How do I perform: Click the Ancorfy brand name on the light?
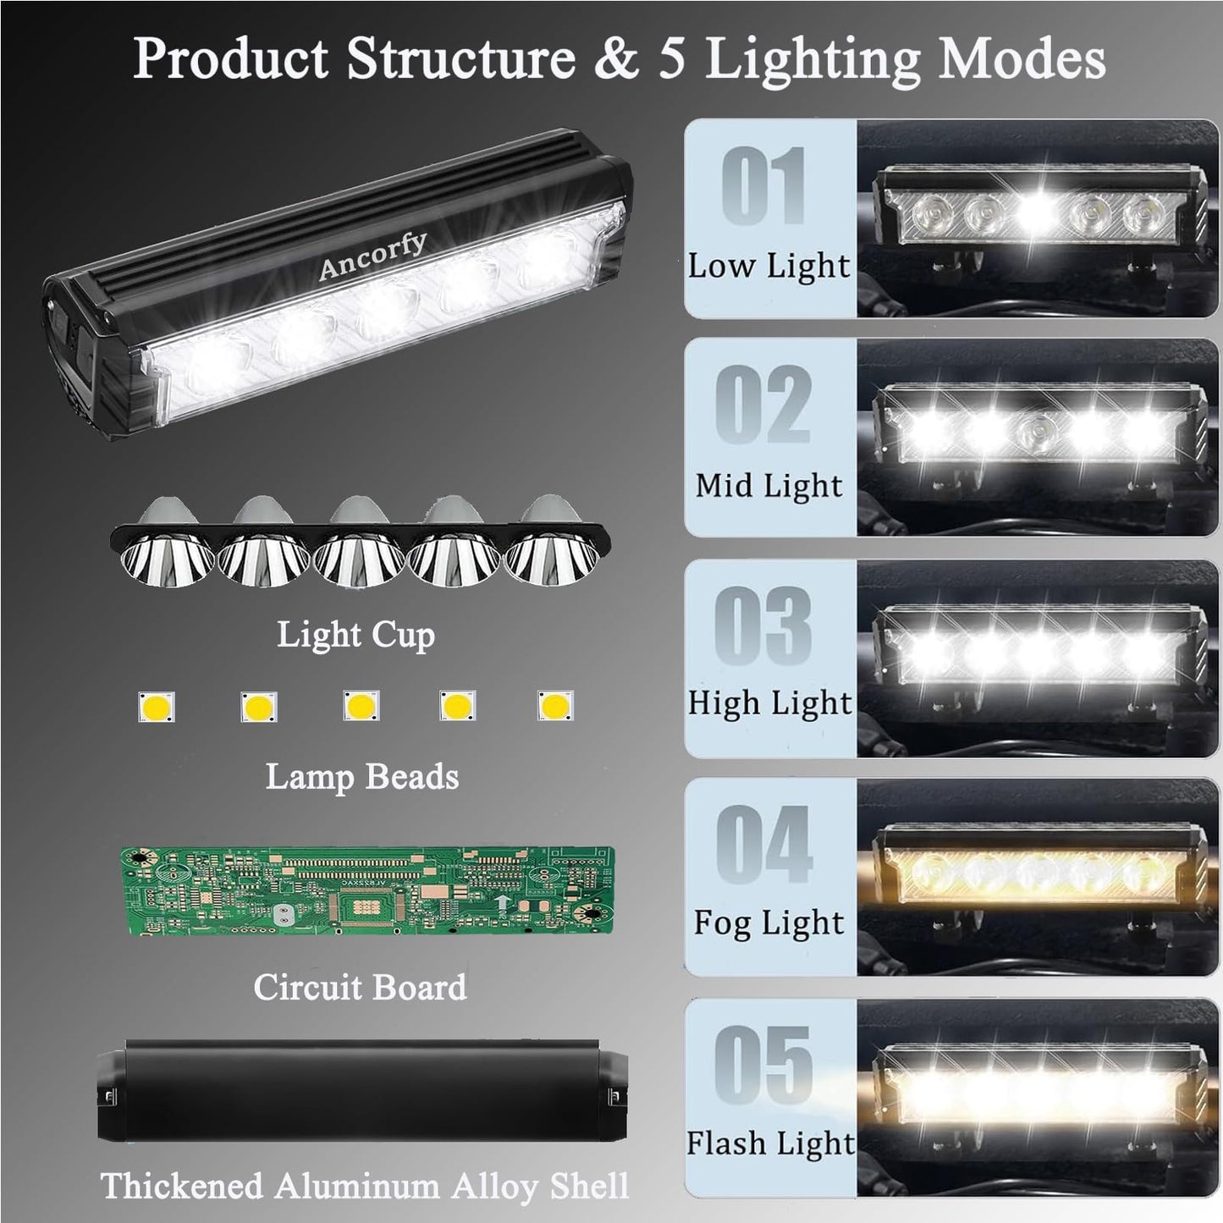click(372, 256)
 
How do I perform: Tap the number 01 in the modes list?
click(763, 185)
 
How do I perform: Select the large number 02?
click(763, 405)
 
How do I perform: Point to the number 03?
click(763, 625)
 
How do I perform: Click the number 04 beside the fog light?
click(764, 844)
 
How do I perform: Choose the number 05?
click(763, 1065)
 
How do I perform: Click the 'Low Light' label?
click(769, 266)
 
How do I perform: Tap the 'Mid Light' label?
click(769, 486)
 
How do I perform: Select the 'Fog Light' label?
click(769, 923)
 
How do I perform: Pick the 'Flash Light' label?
click(770, 1143)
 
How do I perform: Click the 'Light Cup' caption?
click(356, 636)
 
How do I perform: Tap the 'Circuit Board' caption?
click(360, 987)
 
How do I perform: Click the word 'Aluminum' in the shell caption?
click(363, 1185)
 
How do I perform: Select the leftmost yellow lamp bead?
click(157, 707)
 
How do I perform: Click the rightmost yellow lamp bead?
click(555, 705)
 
